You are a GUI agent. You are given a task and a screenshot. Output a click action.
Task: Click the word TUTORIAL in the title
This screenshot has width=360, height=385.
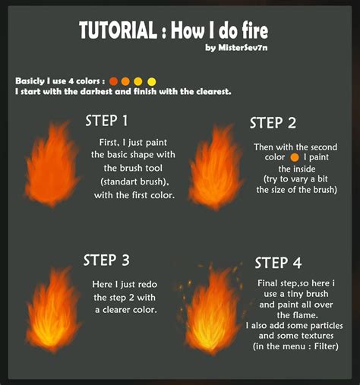(118, 31)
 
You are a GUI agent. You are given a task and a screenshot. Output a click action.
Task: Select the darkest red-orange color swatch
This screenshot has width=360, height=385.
(114, 80)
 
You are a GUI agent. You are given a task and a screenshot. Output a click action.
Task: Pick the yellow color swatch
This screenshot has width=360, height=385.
(151, 80)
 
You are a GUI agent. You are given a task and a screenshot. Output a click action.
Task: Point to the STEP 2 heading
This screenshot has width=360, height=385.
(272, 124)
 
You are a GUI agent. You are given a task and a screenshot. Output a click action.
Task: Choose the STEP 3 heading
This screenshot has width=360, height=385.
(112, 260)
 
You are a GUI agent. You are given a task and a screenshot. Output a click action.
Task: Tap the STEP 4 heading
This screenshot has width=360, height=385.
(283, 263)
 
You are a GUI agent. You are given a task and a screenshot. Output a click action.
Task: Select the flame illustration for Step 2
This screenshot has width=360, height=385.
(216, 169)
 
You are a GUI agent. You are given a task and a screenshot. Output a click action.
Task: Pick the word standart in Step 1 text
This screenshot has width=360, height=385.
(115, 181)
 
